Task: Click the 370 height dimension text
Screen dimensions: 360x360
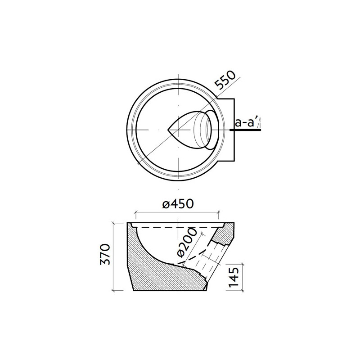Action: pos(105,256)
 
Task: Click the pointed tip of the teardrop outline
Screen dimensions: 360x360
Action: pos(168,130)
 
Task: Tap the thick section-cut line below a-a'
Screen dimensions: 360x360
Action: pos(245,130)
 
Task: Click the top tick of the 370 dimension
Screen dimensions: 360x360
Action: pos(113,222)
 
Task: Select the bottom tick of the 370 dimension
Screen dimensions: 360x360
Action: pos(113,291)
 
